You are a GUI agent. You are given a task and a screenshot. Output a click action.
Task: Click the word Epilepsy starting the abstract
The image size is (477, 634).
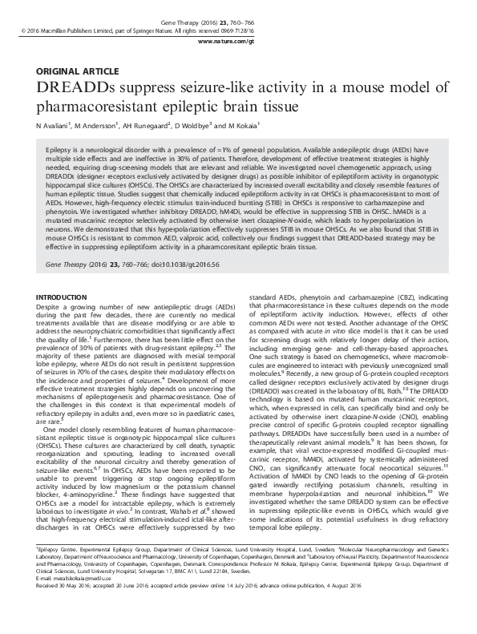[62, 150]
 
